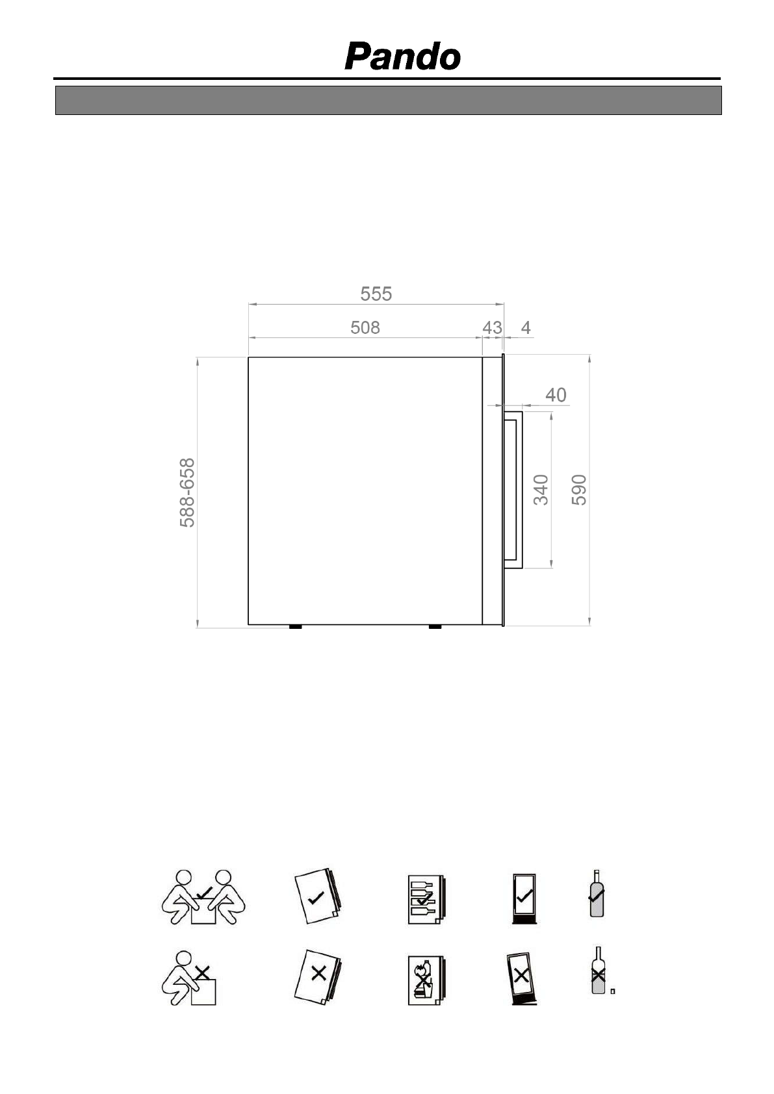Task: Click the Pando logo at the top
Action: click(402, 57)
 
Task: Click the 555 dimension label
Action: click(376, 294)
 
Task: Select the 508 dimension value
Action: click(365, 328)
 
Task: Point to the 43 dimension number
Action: click(492, 328)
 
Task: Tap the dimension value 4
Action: click(526, 328)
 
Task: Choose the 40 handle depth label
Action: click(556, 395)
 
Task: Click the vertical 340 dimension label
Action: click(541, 489)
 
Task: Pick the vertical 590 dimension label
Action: click(579, 489)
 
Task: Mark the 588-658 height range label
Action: click(187, 492)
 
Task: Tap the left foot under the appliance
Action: click(294, 627)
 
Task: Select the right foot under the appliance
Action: click(435, 627)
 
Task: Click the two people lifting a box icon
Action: click(203, 897)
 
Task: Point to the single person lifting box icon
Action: click(188, 978)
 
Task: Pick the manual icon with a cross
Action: click(318, 976)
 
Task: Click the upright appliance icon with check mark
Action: click(524, 898)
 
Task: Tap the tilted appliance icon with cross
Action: click(522, 978)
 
